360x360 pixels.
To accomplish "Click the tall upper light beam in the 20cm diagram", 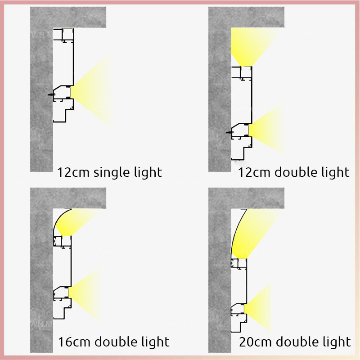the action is tap(252, 234).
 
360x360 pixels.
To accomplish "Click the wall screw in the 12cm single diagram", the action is tap(49, 95).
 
